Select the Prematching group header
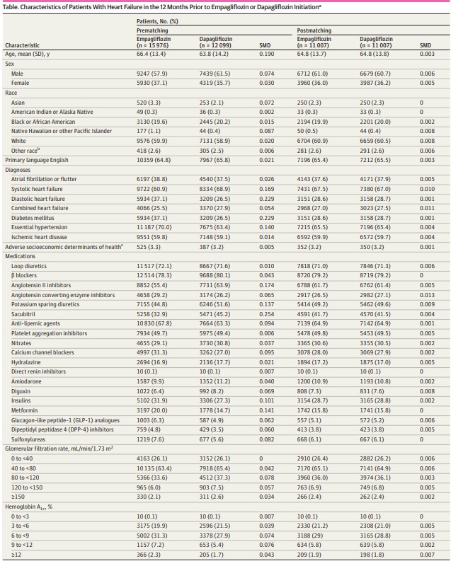[152, 30]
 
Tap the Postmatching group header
[312, 30]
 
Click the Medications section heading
[21, 256]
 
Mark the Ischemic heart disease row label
[40, 237]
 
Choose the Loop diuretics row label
[30, 265]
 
